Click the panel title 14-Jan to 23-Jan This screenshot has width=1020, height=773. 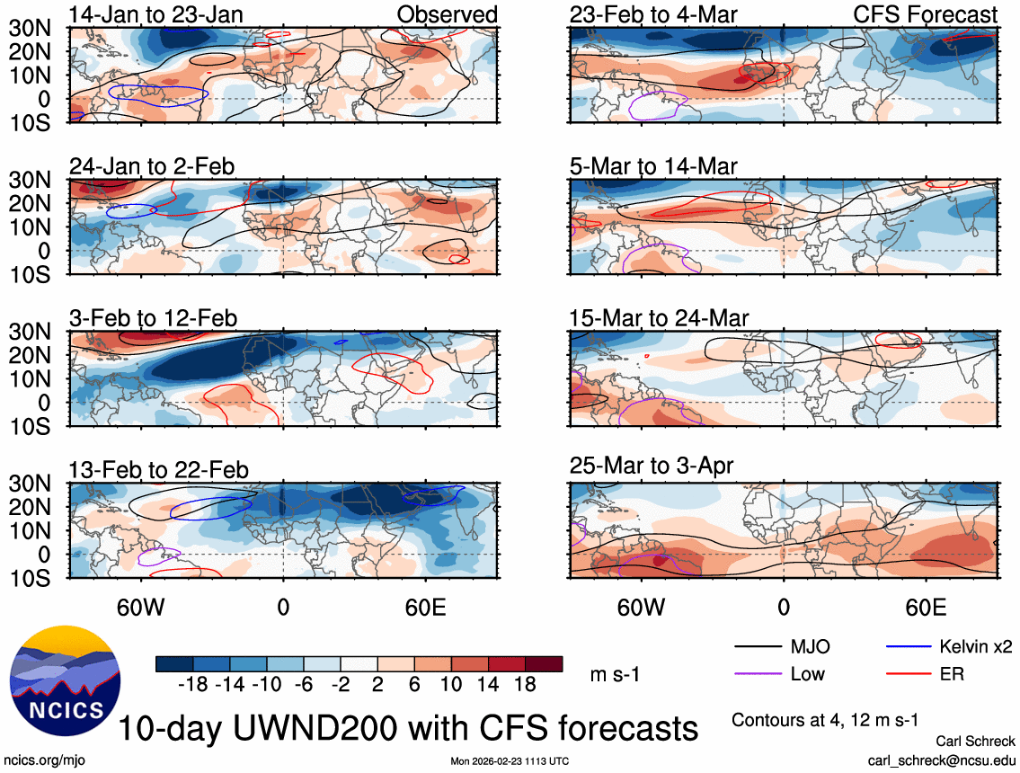tap(154, 14)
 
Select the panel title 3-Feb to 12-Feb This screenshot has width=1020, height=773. tap(154, 319)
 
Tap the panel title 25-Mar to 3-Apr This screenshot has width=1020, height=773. tap(652, 466)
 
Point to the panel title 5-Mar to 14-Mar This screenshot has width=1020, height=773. tap(653, 167)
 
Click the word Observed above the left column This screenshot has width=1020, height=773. tap(447, 14)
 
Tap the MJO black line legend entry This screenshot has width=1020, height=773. tap(782, 647)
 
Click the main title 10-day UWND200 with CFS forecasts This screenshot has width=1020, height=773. tap(408, 727)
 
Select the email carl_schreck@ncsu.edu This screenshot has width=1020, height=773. tap(941, 760)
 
